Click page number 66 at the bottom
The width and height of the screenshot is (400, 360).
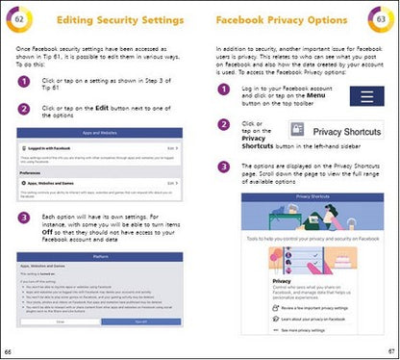9,352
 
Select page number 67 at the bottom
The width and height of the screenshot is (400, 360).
391,352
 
